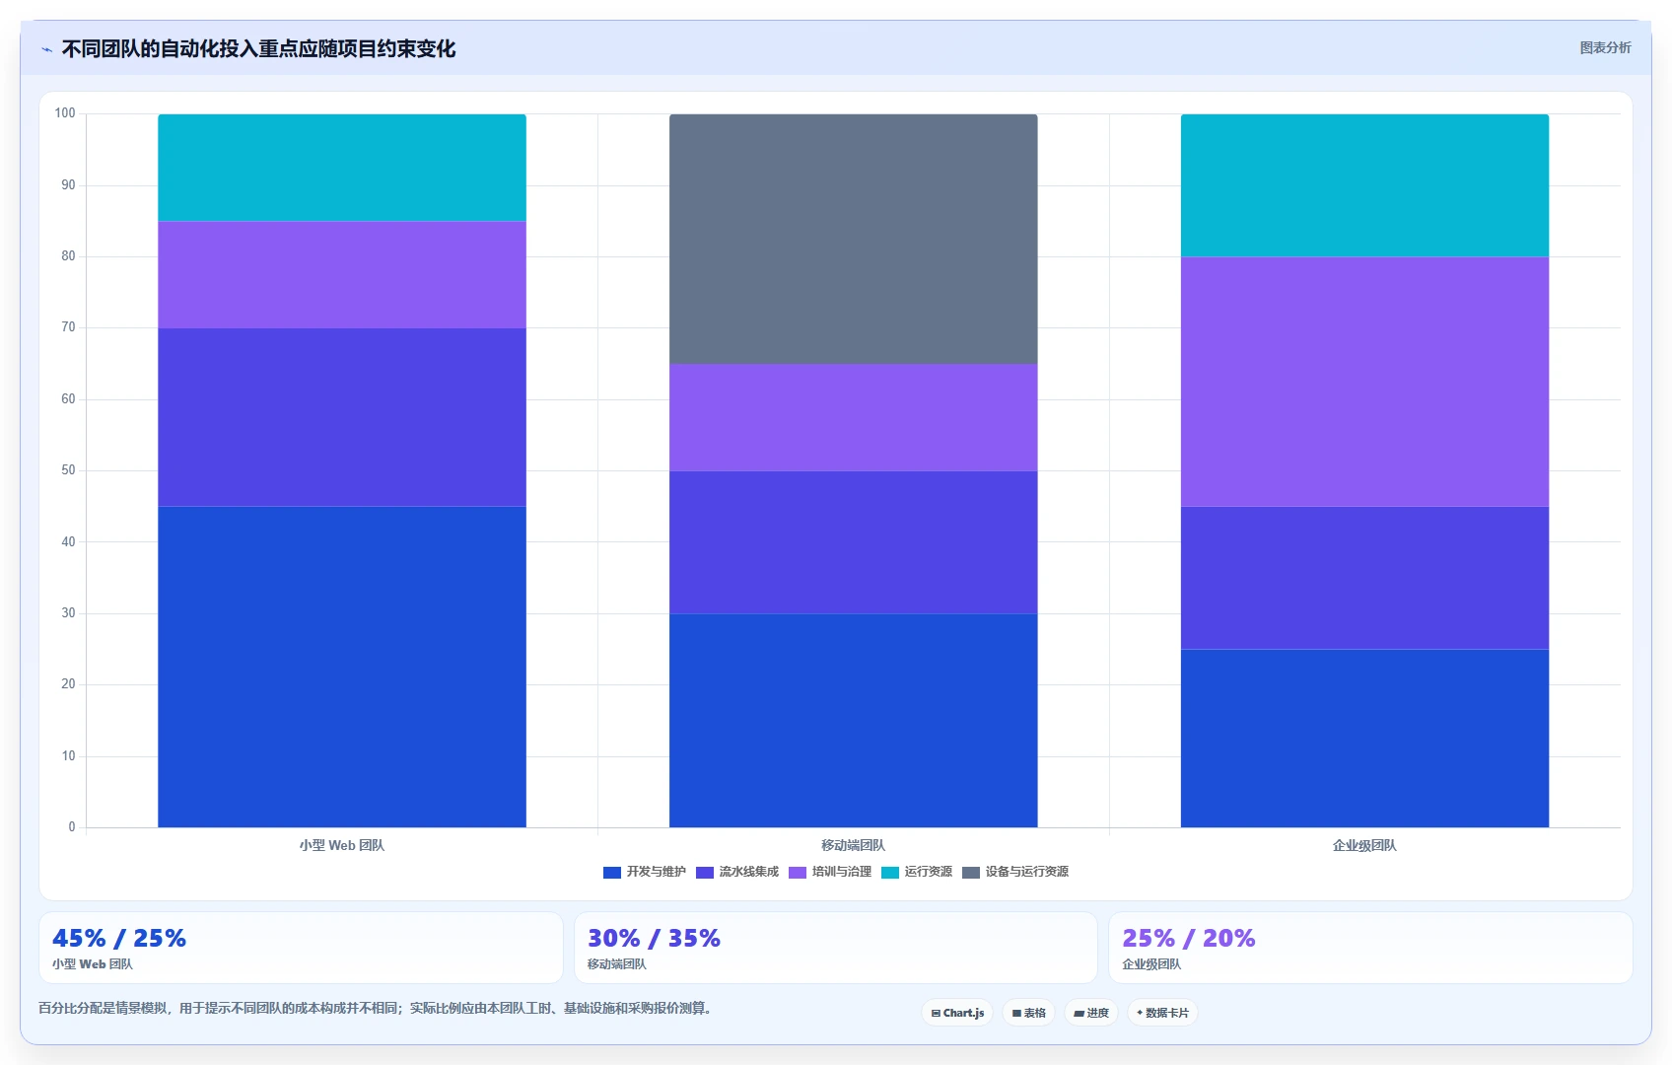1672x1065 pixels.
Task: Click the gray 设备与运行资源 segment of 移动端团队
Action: click(x=853, y=239)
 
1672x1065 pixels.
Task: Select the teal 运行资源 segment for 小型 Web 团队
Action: click(x=342, y=168)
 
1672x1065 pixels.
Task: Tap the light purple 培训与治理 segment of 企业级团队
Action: click(x=1364, y=382)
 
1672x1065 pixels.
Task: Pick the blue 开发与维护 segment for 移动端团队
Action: click(x=853, y=721)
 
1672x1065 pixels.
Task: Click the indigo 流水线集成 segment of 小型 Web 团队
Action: click(x=342, y=417)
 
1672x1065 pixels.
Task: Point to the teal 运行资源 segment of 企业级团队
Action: click(x=1364, y=185)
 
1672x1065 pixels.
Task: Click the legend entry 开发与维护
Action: click(x=644, y=872)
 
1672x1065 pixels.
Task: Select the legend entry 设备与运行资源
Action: click(x=1015, y=872)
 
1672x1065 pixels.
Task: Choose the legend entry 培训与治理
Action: click(x=830, y=872)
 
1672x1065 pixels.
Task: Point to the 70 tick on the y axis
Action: click(x=69, y=327)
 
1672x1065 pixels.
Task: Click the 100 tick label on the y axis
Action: click(x=65, y=112)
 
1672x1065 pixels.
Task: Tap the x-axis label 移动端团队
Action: click(x=853, y=845)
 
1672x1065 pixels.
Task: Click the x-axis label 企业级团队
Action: click(x=1364, y=845)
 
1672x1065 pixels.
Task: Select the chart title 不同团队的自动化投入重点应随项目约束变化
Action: click(x=258, y=49)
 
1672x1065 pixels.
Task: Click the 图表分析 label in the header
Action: click(x=1606, y=47)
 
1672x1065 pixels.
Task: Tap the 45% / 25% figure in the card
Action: click(x=119, y=938)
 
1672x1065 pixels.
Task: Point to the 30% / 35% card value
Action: click(x=654, y=938)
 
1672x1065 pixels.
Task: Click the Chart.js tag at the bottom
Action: click(x=957, y=1013)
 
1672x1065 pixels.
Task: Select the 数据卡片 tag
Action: click(x=1162, y=1013)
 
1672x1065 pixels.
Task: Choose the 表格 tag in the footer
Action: click(x=1028, y=1013)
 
